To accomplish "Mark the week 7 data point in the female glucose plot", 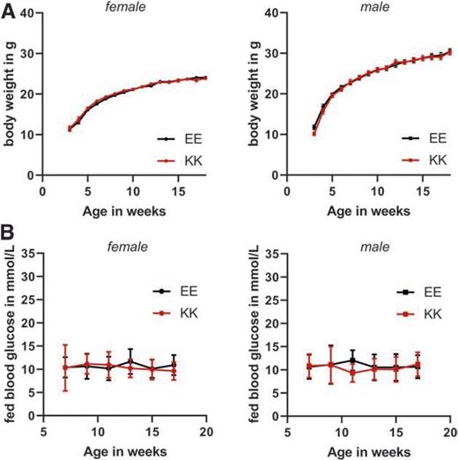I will pos(65,367).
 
